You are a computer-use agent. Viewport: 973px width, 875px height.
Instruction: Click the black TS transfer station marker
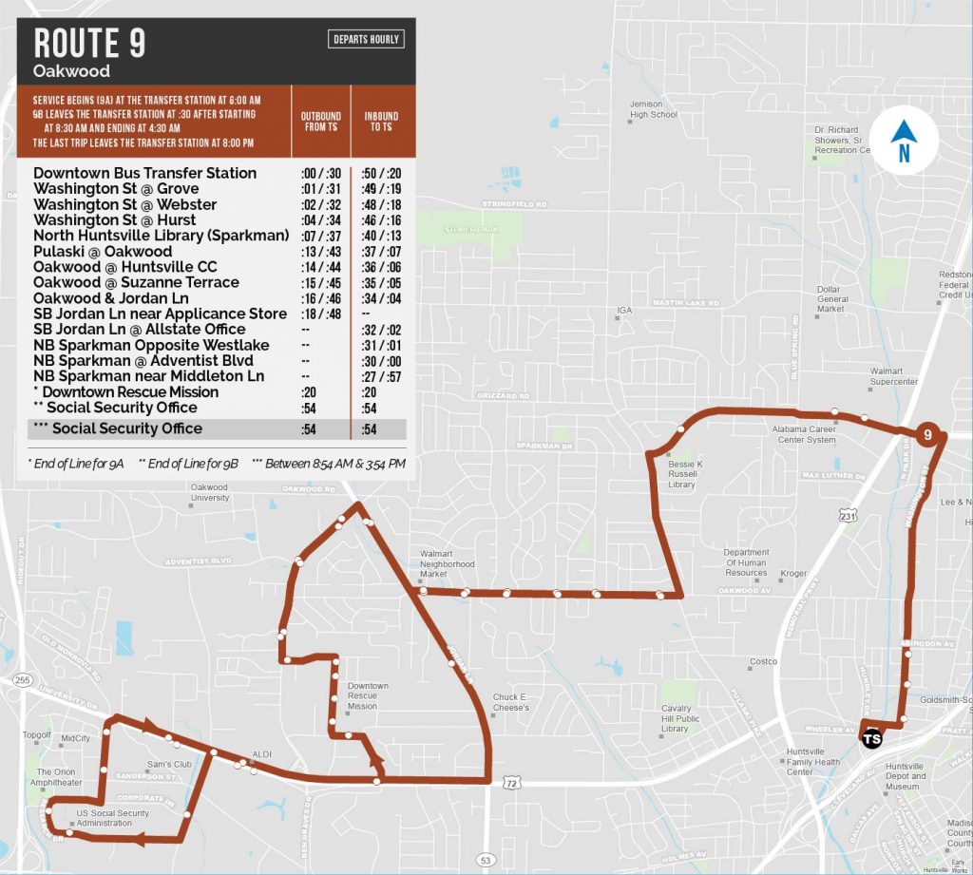(x=869, y=738)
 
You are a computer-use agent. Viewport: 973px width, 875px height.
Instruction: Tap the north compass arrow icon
(x=905, y=143)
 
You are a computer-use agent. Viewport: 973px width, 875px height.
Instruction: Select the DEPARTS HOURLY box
(x=367, y=39)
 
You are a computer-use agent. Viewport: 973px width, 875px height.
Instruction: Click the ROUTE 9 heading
(x=89, y=43)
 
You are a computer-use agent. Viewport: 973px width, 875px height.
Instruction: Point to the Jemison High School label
(x=654, y=109)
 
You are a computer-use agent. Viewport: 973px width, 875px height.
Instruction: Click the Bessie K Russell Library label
(x=682, y=473)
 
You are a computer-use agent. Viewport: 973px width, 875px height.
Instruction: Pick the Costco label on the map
(x=763, y=661)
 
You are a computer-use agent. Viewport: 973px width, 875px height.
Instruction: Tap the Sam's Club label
(x=170, y=763)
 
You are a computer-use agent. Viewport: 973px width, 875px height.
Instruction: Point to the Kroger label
(x=792, y=574)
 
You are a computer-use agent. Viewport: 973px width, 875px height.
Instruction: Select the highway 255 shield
(x=23, y=680)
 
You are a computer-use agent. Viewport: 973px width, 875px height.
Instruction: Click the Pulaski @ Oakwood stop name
(x=103, y=252)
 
